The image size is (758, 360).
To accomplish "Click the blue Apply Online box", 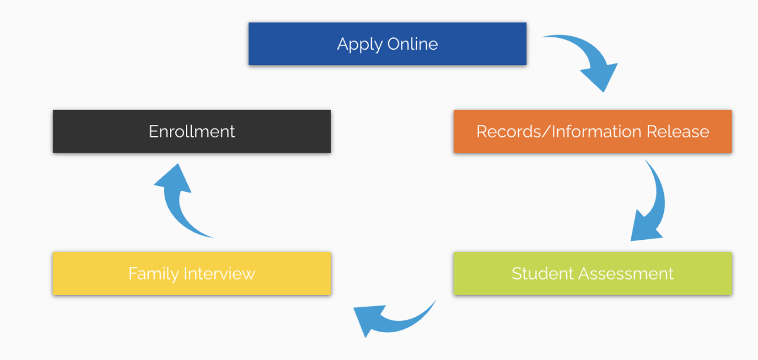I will click(387, 44).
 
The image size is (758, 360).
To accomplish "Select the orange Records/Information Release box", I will click(592, 131).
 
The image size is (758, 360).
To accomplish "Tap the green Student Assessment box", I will click(592, 274).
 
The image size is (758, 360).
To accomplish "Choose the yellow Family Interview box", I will click(191, 274).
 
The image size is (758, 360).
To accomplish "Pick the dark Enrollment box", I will click(191, 131).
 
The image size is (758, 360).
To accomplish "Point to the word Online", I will click(413, 44).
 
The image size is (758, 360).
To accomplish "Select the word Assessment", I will click(626, 274).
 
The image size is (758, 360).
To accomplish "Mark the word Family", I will click(153, 274).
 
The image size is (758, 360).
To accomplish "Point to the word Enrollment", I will click(191, 131).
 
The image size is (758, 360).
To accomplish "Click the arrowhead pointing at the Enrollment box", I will click(172, 178).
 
